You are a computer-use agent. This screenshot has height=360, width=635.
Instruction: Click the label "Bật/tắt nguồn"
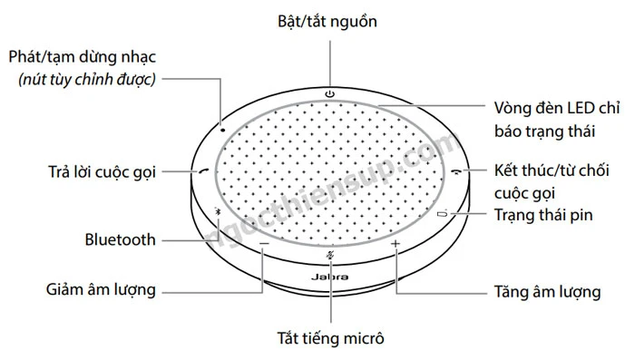click(329, 19)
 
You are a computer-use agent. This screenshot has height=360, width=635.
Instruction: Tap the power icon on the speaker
click(329, 93)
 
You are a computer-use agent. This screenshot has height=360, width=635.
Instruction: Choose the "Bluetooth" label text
click(121, 240)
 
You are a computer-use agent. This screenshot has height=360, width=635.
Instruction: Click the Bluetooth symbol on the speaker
click(218, 215)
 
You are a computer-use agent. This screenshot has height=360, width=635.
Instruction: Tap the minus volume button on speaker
click(263, 245)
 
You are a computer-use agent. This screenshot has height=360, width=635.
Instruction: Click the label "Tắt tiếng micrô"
click(331, 340)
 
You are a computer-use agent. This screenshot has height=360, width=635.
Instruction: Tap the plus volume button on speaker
click(396, 245)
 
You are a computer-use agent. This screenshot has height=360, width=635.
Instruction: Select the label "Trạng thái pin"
click(546, 215)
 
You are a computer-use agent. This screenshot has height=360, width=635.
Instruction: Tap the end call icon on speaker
click(454, 170)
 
